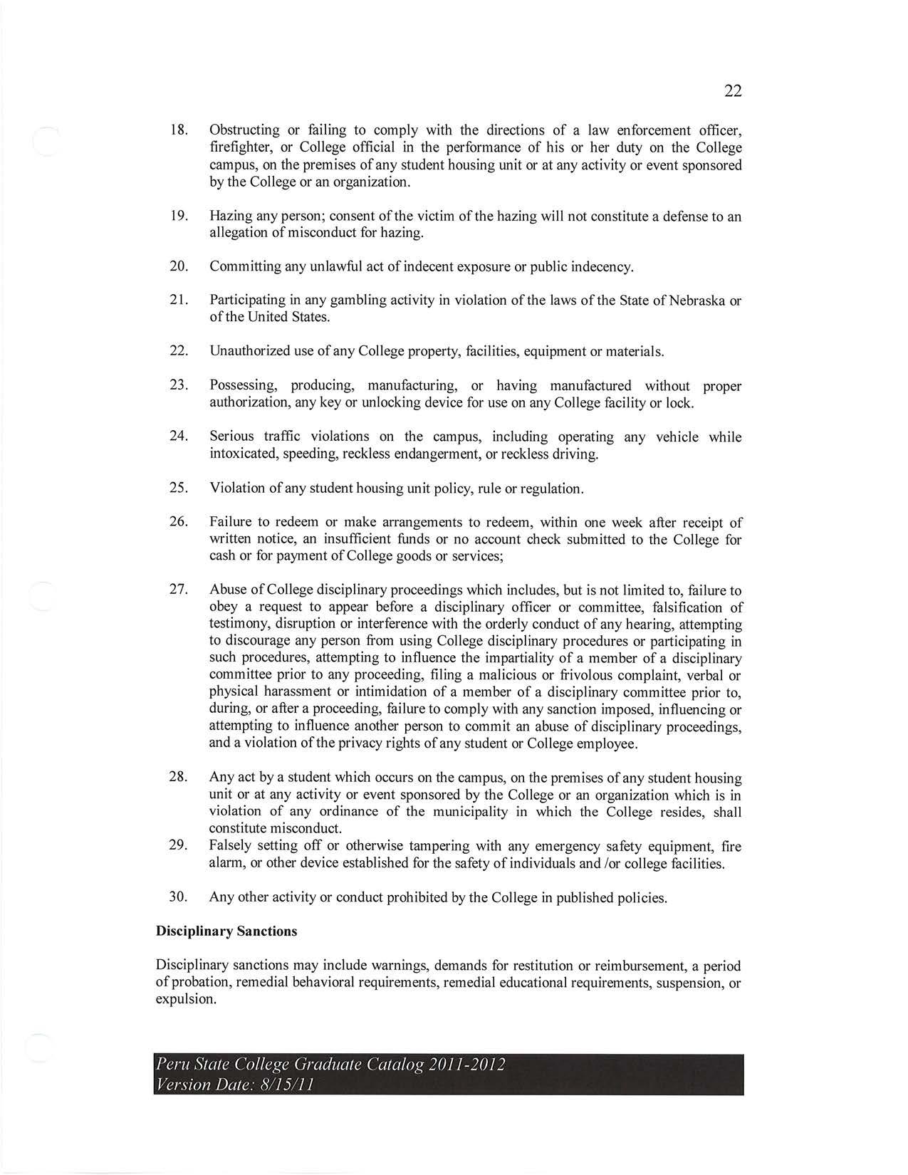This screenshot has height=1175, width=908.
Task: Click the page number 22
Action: pos(733,91)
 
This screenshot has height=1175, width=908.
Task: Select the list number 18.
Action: pos(178,130)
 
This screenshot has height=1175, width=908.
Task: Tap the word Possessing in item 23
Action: pos(243,386)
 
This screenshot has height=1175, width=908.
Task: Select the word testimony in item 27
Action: pos(239,625)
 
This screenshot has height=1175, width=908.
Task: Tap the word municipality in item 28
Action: pos(469,813)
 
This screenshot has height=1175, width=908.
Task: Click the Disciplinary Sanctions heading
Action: pos(226,931)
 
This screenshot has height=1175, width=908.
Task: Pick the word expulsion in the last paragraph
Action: pos(185,999)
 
